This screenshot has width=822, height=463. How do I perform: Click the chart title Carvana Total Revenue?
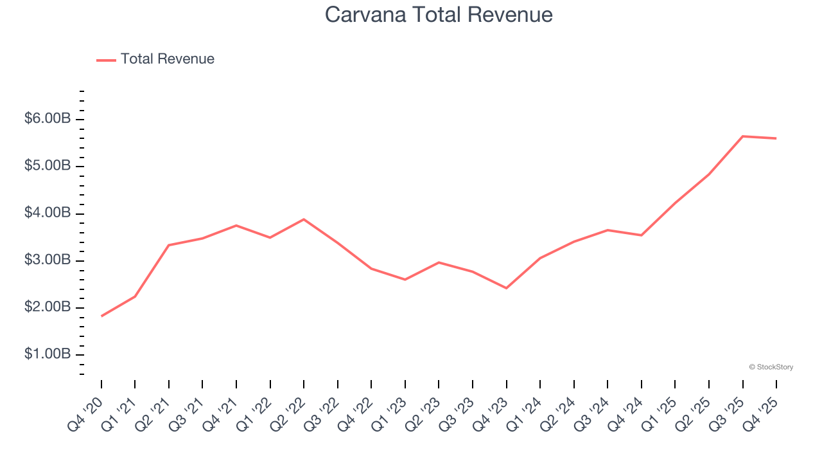coord(439,14)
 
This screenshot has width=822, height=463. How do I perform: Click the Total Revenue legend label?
coord(167,59)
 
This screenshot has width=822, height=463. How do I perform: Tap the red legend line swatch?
coord(106,60)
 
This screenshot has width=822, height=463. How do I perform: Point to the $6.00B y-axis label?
coord(48,119)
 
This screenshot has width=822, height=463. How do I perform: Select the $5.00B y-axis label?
coord(48,166)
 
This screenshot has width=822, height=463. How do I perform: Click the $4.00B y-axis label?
coord(48,213)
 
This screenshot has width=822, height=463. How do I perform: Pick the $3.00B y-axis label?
coord(48,260)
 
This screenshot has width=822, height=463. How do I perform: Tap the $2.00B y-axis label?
coord(48,307)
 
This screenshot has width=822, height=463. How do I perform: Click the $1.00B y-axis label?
coord(48,354)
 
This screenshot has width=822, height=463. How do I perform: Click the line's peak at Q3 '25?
coord(743,136)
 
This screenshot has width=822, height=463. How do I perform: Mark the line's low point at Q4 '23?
coord(506,288)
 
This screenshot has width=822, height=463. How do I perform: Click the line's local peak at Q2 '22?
coord(304,219)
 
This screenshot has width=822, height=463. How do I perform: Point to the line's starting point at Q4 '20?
coord(101,316)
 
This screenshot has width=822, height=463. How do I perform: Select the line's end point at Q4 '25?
coord(776,138)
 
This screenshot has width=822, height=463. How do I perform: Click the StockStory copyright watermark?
coord(771,367)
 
